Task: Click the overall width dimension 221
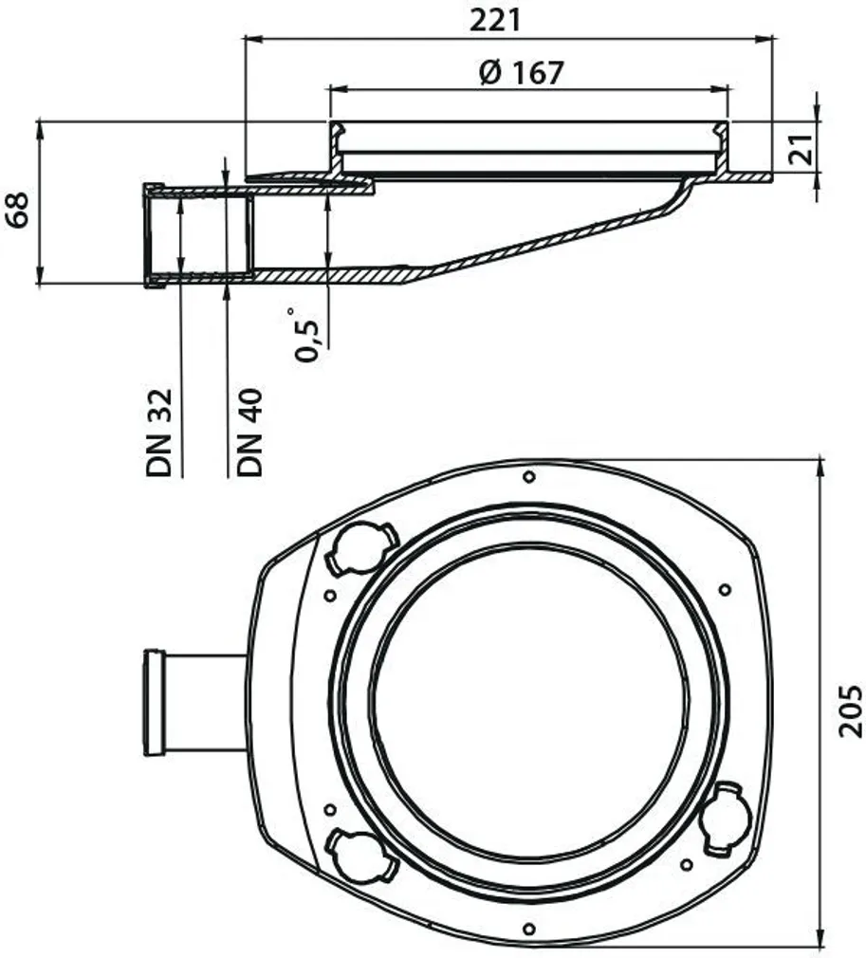495,19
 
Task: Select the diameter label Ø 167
521,72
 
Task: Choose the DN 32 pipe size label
158,431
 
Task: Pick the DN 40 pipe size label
249,431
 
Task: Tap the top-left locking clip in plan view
359,548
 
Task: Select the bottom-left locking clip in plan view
359,851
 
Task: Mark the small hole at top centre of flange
528,476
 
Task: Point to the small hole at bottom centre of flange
528,927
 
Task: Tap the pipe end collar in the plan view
155,702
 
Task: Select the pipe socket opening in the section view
199,234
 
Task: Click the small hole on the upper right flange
725,589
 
